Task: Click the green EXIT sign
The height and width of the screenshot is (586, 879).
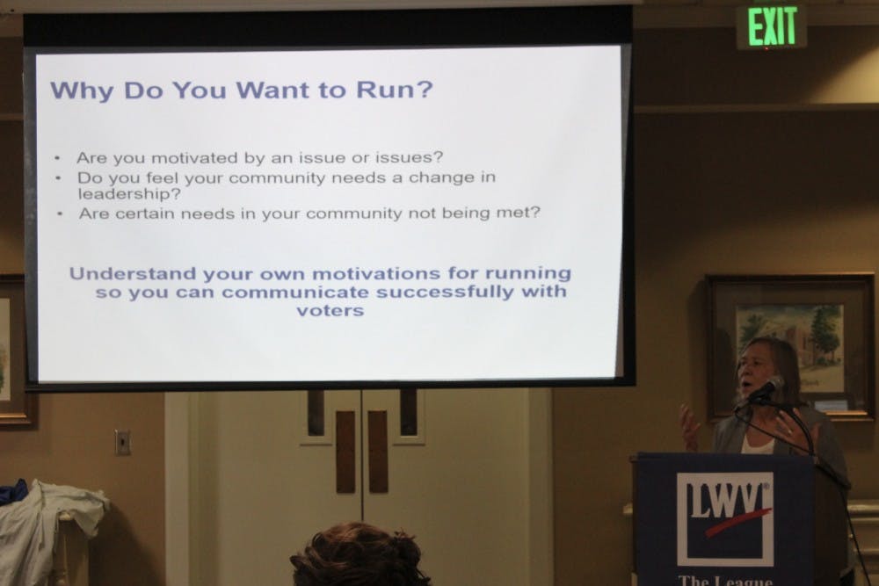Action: (x=772, y=26)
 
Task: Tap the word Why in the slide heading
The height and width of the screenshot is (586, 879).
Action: (x=82, y=90)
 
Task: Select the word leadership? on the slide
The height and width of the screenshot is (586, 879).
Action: (x=129, y=194)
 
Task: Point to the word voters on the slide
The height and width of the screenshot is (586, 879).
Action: (x=331, y=310)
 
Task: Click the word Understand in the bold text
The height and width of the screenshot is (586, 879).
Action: (x=133, y=273)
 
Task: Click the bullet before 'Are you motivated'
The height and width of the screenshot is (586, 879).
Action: (x=57, y=158)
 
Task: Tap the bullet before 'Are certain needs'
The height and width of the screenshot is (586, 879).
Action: (x=60, y=214)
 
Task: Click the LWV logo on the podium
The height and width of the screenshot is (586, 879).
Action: (x=724, y=518)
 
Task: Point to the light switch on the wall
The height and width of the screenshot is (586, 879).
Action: (x=123, y=443)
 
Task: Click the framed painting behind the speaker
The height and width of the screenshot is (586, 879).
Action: (x=791, y=345)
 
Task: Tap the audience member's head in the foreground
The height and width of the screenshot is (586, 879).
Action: (x=360, y=554)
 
